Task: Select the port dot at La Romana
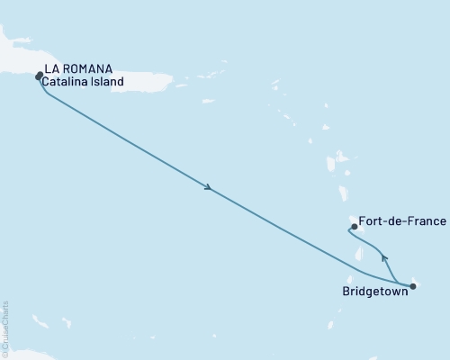point(39,76)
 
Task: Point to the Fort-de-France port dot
point(355,227)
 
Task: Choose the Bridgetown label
point(374,292)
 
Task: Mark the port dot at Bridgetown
point(413,287)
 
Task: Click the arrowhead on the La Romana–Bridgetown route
point(209,188)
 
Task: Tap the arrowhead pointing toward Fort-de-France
point(384,258)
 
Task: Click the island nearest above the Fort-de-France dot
point(343,192)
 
